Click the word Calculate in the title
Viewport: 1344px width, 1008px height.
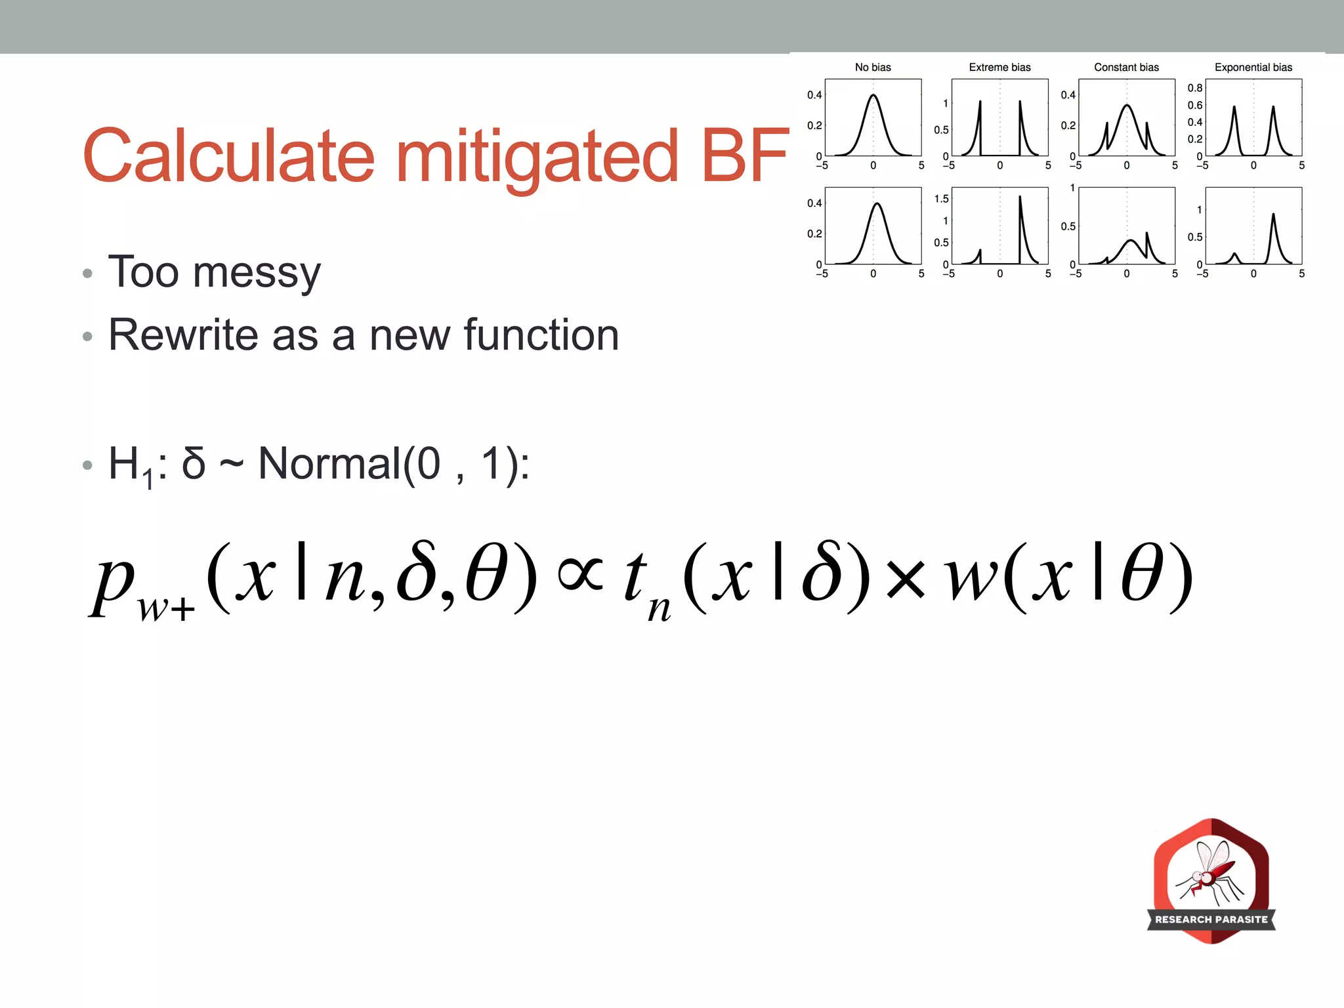(x=228, y=156)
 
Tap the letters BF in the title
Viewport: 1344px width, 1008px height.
(x=745, y=156)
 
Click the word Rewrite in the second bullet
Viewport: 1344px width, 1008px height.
(x=183, y=335)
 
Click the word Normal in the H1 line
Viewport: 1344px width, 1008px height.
(x=329, y=464)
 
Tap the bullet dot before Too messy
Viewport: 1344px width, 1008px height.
(x=87, y=274)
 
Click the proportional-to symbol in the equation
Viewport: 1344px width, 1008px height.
(x=580, y=575)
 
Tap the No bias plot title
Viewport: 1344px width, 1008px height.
(x=873, y=68)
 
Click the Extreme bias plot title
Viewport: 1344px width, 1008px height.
(x=999, y=68)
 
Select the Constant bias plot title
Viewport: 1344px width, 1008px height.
(x=1126, y=68)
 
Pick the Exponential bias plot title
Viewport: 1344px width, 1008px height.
(x=1253, y=68)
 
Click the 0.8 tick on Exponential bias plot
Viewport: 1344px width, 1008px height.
(x=1195, y=88)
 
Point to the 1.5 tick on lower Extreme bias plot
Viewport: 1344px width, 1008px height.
(x=941, y=199)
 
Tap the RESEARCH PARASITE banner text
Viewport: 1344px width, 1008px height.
(x=1211, y=919)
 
